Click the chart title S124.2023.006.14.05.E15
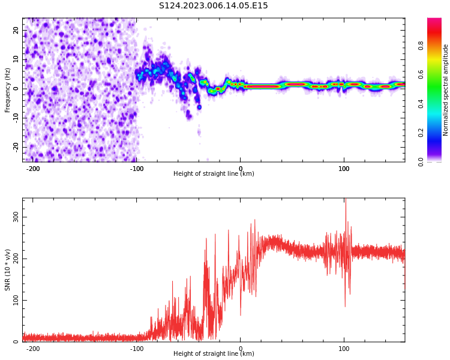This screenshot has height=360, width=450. click(214, 6)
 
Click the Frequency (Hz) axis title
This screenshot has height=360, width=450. click(8, 90)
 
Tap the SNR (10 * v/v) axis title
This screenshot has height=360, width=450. click(8, 270)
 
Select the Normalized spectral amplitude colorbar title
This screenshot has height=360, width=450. click(446, 90)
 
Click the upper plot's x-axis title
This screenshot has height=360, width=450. click(214, 174)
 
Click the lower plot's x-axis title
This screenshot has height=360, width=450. click(214, 354)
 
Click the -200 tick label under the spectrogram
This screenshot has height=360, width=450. click(33, 169)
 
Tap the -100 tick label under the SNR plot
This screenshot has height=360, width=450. click(137, 349)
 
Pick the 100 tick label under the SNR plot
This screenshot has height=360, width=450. click(344, 349)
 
